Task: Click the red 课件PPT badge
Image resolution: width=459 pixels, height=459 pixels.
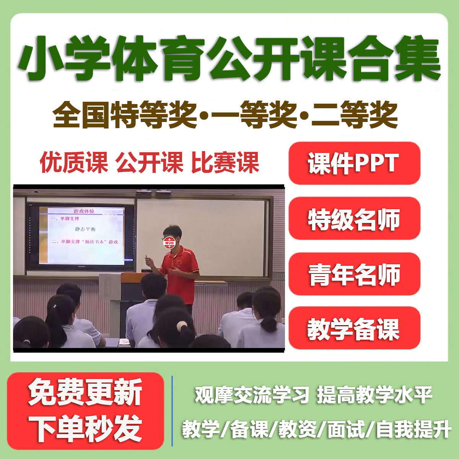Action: [x=354, y=163]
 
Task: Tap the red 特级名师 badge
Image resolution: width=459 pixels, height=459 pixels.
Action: [x=354, y=218]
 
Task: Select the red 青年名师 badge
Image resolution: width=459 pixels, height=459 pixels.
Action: [x=354, y=274]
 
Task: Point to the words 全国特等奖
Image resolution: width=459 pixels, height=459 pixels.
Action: [x=125, y=115]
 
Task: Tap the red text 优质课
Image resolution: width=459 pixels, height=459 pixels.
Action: [x=74, y=163]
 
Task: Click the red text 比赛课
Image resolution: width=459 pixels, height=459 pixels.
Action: [x=225, y=163]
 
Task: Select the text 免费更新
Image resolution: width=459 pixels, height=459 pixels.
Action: [x=85, y=392]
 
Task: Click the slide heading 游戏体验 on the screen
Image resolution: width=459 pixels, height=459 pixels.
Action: [x=84, y=211]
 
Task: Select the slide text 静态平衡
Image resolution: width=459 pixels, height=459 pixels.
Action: [x=85, y=229]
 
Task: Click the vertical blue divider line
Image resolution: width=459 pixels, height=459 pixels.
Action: [x=172, y=411]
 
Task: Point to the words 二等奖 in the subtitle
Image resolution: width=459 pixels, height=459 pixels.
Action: [x=355, y=115]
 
